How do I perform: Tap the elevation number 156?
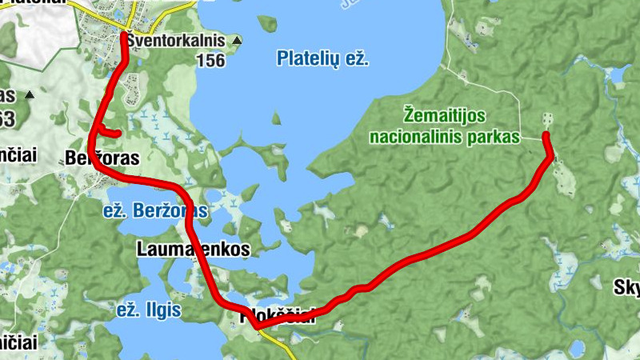[210, 61]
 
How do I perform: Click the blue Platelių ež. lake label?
[322, 58]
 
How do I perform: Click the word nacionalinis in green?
[415, 138]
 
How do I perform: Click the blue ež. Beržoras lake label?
[156, 211]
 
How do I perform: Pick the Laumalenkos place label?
[193, 249]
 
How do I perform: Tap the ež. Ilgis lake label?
[149, 310]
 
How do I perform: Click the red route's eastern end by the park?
[546, 135]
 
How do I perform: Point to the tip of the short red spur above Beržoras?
[118, 134]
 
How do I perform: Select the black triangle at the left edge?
[30, 95]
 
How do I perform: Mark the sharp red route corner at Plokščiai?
[254, 326]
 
